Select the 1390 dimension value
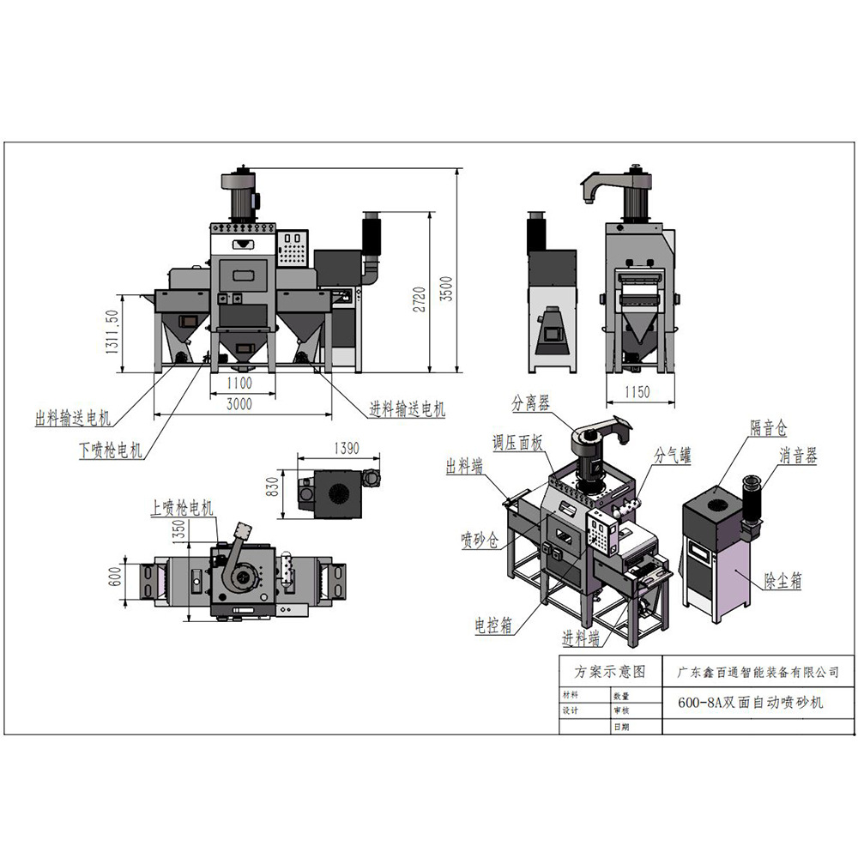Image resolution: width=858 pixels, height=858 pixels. (x=341, y=449)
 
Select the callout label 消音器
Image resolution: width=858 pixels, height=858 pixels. (x=798, y=456)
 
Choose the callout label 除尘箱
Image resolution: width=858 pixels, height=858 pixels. (x=783, y=581)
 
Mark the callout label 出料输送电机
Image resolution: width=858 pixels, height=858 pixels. (x=74, y=419)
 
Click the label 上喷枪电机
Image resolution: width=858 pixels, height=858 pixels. (x=183, y=509)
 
